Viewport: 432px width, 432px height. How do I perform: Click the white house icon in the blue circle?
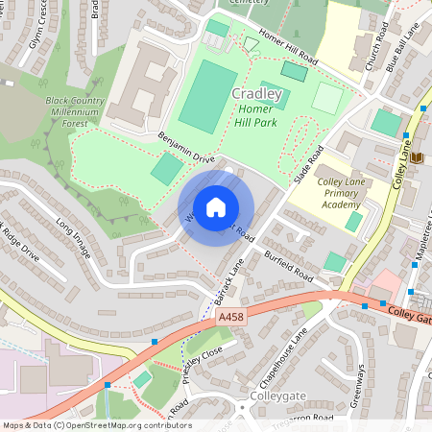(216, 207)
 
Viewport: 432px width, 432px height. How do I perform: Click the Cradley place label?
(257, 94)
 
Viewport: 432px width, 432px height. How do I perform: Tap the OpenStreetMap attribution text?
(96, 425)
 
